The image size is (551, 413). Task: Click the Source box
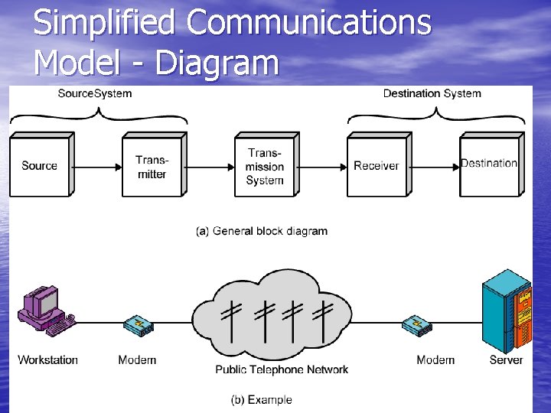click(39, 166)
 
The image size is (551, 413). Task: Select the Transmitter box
click(152, 167)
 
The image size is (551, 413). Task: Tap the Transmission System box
click(264, 167)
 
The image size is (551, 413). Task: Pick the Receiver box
click(376, 166)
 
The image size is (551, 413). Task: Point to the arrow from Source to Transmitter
click(98, 165)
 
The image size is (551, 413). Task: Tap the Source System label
click(95, 93)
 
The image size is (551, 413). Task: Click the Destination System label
click(432, 93)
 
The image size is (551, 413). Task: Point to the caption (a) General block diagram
click(262, 231)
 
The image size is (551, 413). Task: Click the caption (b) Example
click(261, 399)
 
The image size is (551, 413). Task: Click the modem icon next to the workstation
click(138, 325)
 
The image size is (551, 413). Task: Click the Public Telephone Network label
click(282, 369)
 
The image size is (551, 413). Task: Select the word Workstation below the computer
click(47, 359)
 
